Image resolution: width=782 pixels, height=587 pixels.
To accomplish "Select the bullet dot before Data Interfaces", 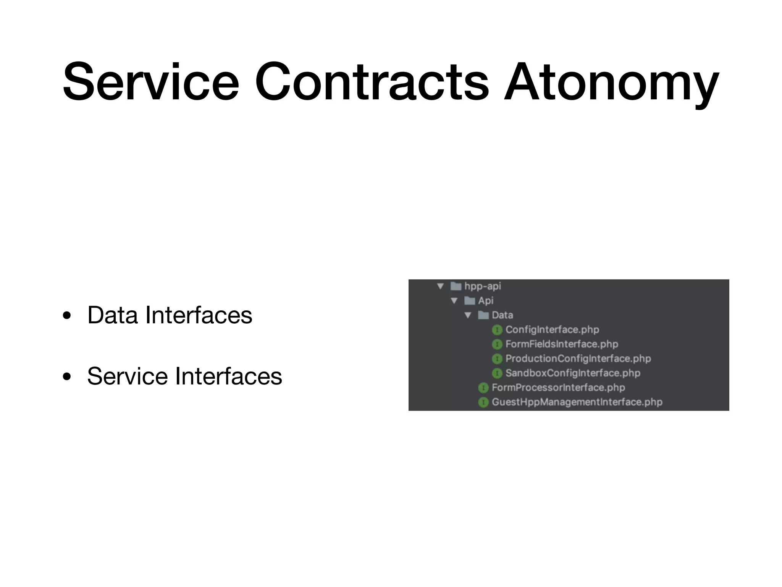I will pyautogui.click(x=67, y=316).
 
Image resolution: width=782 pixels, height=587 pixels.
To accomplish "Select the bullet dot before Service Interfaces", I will pyautogui.click(x=67, y=377).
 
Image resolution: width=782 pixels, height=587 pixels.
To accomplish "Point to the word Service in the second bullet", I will pyautogui.click(x=127, y=376).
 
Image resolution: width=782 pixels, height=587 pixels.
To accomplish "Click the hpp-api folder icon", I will pyautogui.click(x=456, y=286).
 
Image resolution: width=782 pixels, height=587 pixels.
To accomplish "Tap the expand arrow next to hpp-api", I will pyautogui.click(x=440, y=286).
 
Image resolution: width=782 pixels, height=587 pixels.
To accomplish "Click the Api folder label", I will pyautogui.click(x=486, y=301).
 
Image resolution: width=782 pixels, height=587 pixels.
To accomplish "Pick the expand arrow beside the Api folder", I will pyautogui.click(x=454, y=301).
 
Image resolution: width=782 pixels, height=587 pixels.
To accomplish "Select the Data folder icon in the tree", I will pyautogui.click(x=483, y=315).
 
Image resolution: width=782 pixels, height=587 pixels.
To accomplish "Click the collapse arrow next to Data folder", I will pyautogui.click(x=468, y=315).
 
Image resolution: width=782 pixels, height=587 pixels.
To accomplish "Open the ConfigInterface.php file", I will pyautogui.click(x=552, y=329).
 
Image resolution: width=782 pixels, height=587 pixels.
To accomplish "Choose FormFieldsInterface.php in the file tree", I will pyautogui.click(x=562, y=344).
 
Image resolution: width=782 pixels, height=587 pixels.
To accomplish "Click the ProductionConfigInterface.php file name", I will pyautogui.click(x=578, y=358).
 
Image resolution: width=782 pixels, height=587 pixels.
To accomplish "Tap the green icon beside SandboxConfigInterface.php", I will pyautogui.click(x=497, y=373).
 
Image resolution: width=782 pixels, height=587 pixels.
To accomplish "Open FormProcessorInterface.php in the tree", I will pyautogui.click(x=558, y=388).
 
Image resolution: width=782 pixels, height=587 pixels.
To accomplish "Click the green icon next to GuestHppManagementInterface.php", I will pyautogui.click(x=483, y=402).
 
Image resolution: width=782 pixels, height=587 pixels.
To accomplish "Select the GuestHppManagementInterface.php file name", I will pyautogui.click(x=577, y=402).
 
